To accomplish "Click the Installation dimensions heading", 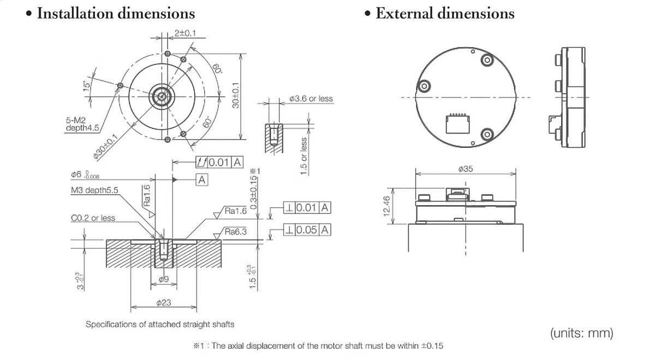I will (115, 13).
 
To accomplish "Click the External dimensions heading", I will (444, 13).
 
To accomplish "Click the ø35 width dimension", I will (466, 169).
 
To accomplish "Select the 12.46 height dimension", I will (388, 205).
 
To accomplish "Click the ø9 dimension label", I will (163, 280).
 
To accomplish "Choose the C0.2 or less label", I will (93, 218).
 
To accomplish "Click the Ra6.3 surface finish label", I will (236, 232).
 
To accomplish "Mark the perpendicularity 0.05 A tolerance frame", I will (307, 230).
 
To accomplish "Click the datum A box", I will (201, 179).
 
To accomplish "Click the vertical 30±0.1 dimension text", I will (236, 95).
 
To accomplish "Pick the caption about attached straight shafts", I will (160, 325).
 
